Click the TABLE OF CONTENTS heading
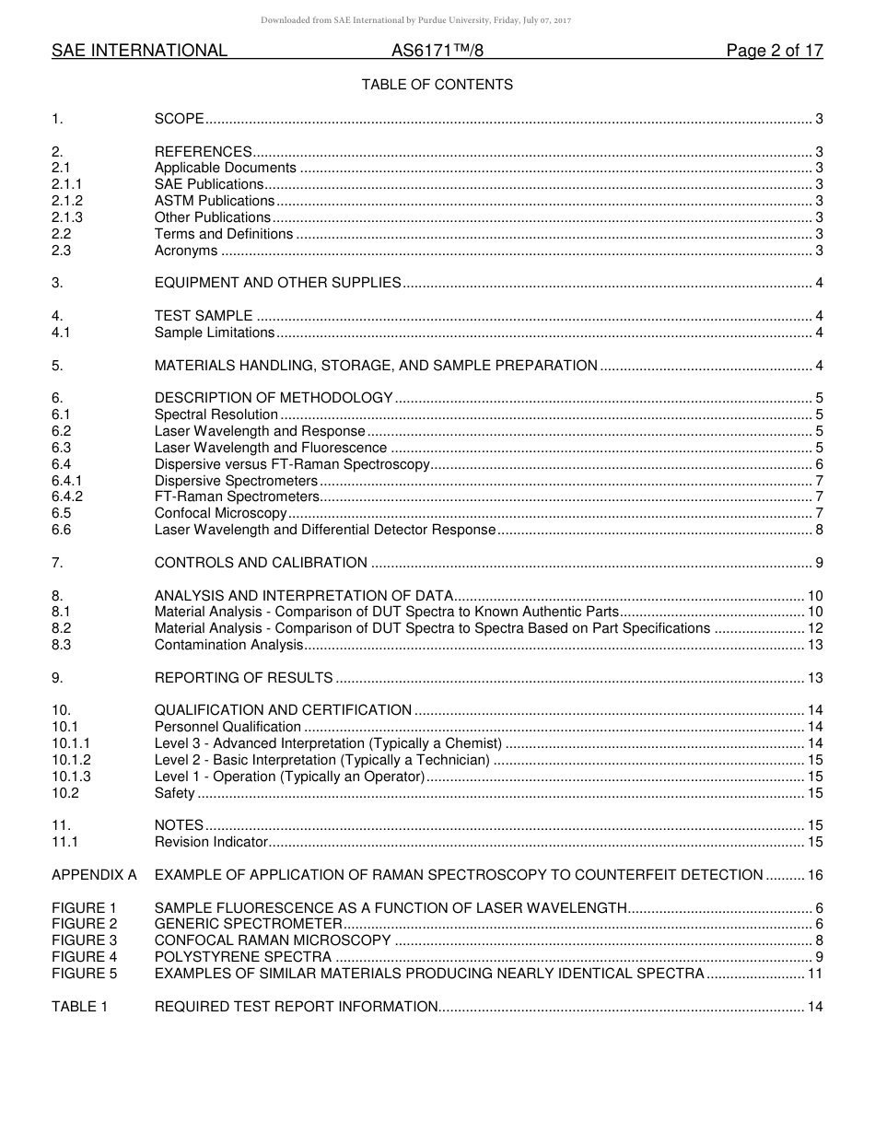coord(437,85)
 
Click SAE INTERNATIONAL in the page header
coord(139,52)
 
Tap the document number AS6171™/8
coord(437,52)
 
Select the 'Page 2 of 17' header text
coord(774,52)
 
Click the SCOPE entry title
coord(179,119)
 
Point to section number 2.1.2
coord(67,201)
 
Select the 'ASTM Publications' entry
coord(215,201)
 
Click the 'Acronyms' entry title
coord(186,251)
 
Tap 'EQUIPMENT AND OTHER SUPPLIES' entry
coord(277,283)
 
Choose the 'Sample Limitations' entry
coord(215,333)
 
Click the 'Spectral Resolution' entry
coord(216,415)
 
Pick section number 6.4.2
coord(67,497)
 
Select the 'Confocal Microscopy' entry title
coord(221,513)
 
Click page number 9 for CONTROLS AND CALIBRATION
coord(819,563)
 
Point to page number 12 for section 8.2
coord(815,628)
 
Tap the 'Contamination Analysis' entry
coord(228,645)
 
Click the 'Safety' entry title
coord(174,793)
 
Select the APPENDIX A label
coord(94,875)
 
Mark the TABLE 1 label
coord(79,1007)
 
